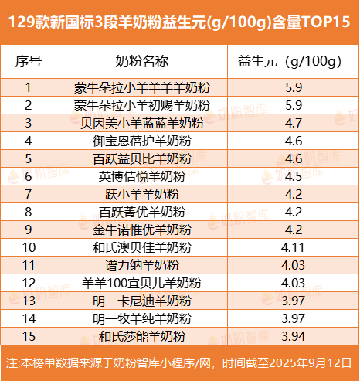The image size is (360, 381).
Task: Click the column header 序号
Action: [29, 61]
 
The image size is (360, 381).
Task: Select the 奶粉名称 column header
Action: [141, 61]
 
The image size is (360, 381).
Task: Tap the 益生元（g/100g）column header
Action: [290, 62]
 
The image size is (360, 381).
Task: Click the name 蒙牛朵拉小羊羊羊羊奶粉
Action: [141, 87]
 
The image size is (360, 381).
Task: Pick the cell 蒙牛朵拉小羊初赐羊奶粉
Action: [141, 105]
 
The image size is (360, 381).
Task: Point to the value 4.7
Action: [294, 123]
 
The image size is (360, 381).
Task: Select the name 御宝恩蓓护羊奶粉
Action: [141, 141]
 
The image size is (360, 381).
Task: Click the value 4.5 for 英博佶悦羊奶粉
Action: [294, 176]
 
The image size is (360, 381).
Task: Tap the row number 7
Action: [29, 194]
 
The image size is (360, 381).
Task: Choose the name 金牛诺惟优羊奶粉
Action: [141, 230]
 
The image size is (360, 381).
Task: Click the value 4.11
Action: [293, 247]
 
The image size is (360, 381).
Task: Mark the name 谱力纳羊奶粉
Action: [141, 265]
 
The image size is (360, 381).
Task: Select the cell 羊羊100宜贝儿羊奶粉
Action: [141, 283]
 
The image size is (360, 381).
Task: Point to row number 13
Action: [29, 301]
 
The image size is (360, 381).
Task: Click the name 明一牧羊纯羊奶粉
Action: [141, 318]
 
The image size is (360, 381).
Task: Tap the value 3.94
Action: [294, 336]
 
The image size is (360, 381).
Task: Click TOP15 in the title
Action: [326, 22]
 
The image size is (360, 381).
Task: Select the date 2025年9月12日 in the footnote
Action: [310, 363]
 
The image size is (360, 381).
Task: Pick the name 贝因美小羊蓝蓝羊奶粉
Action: [141, 123]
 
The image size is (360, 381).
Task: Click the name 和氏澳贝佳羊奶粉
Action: [141, 247]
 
